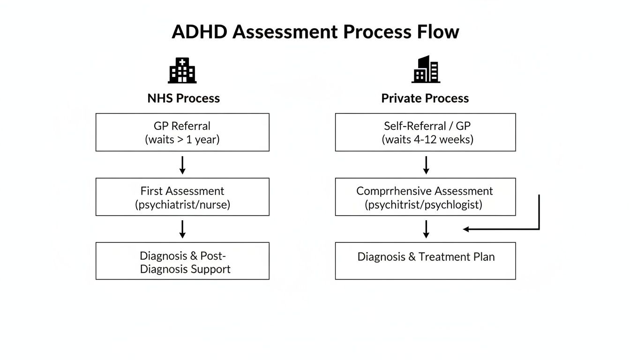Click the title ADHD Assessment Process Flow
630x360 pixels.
tap(315, 32)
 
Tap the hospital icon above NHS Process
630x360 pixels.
tap(182, 70)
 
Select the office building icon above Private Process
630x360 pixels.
tap(426, 69)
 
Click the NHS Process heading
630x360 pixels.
tap(183, 98)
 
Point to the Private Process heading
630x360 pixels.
tap(425, 98)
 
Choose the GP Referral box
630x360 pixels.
tap(182, 132)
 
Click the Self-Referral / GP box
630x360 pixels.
tap(425, 132)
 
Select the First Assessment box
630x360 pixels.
tap(182, 197)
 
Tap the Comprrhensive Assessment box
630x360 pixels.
tap(425, 197)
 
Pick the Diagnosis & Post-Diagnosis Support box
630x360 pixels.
tap(182, 261)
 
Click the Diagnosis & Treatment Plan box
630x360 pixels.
tap(425, 261)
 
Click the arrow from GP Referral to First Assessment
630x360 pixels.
tap(182, 165)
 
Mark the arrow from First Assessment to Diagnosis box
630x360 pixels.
tap(182, 229)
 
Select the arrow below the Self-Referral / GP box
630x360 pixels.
tap(426, 165)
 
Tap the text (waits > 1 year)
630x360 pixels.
tap(182, 140)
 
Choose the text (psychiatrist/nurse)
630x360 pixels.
tap(182, 204)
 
